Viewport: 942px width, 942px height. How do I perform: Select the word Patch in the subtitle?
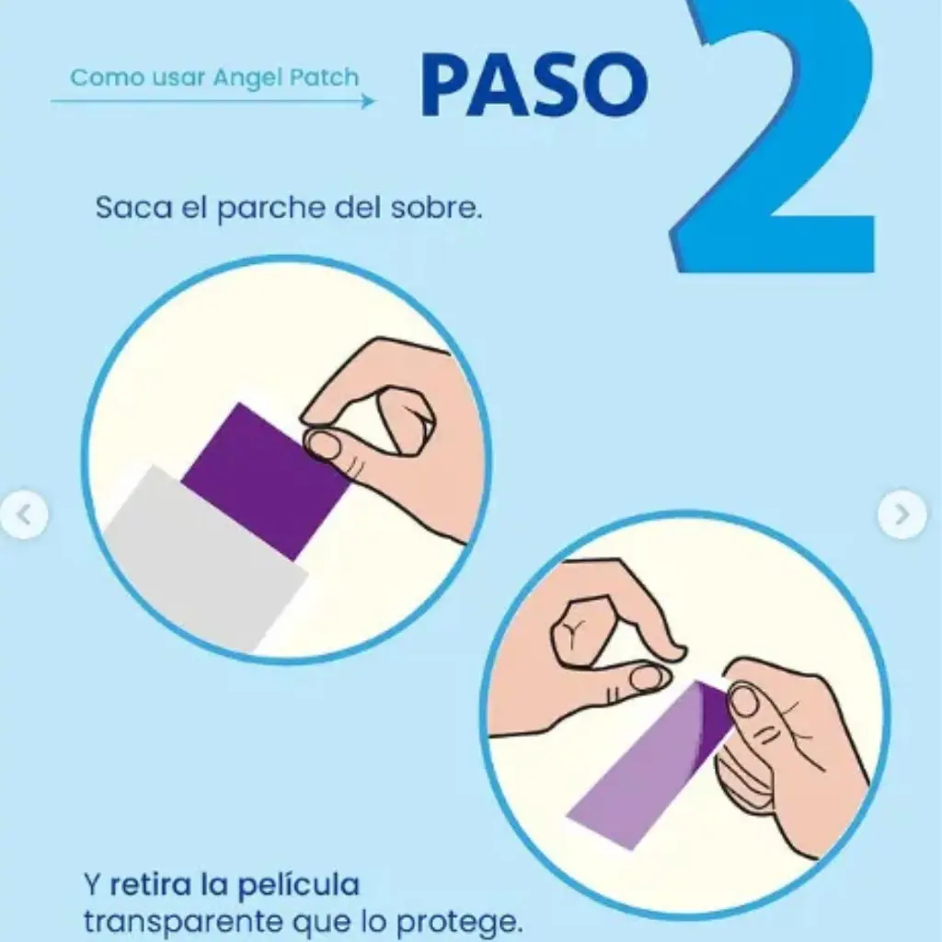tap(326, 77)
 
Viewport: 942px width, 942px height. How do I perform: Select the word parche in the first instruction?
tap(258, 209)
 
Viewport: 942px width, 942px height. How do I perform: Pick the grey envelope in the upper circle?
tap(202, 561)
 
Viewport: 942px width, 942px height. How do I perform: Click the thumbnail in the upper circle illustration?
tap(324, 444)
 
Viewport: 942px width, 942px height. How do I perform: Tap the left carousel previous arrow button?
tap(24, 515)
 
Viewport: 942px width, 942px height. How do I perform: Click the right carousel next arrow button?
tap(902, 513)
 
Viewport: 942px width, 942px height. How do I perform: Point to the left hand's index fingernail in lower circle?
tap(648, 678)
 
